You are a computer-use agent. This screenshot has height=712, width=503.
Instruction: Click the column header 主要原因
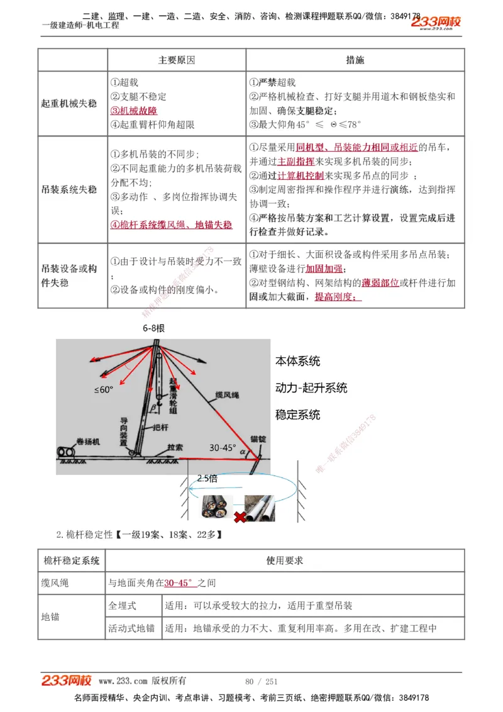(x=177, y=60)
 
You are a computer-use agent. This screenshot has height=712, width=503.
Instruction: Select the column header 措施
(x=355, y=60)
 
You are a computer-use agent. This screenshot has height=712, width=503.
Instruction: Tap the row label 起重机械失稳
(x=69, y=104)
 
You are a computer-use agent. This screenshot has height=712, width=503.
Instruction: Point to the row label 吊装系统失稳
(x=69, y=189)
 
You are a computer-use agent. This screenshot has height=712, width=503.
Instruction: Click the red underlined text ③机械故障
(x=134, y=111)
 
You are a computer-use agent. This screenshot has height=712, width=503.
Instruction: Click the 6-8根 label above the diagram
(x=153, y=328)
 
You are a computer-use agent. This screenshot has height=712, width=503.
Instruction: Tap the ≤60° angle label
(x=104, y=390)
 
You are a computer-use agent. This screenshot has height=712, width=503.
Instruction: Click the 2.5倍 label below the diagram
(x=207, y=479)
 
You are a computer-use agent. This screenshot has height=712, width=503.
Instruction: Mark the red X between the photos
(x=240, y=517)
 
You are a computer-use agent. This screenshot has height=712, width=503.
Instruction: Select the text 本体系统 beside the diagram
(x=297, y=361)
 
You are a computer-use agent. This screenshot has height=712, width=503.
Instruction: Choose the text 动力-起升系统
(x=311, y=388)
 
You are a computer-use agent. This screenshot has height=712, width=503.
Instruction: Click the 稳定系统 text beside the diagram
(x=297, y=415)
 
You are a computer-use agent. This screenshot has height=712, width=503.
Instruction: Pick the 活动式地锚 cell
(x=131, y=628)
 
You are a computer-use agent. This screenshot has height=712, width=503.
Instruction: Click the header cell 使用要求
(x=284, y=560)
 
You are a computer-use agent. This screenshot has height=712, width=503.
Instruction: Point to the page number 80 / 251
(x=261, y=682)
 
